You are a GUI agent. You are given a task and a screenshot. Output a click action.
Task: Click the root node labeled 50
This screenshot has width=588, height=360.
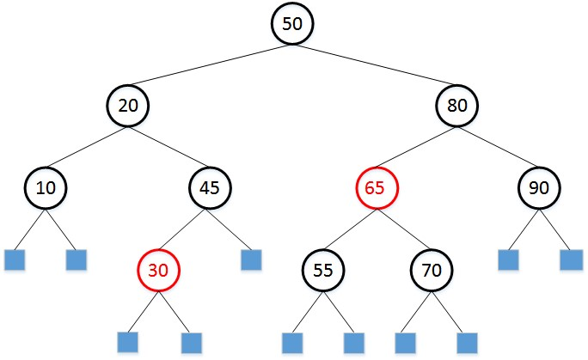coord(292,23)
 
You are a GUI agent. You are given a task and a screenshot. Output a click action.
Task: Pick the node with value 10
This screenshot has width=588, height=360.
coord(46,187)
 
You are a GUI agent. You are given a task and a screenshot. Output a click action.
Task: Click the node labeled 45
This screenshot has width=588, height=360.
coord(211,187)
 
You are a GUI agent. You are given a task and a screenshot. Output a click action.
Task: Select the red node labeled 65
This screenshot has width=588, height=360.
coord(375,187)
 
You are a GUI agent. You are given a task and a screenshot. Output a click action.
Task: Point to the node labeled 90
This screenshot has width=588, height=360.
coord(539,187)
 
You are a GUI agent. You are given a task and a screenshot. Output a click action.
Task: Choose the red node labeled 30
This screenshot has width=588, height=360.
coord(158,269)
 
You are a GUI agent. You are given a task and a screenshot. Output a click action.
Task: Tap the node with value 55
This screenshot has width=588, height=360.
coord(322,269)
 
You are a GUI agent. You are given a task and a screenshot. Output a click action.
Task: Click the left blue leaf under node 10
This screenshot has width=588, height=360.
coord(15,259)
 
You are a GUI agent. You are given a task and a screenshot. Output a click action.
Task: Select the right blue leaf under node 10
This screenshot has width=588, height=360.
coord(77,259)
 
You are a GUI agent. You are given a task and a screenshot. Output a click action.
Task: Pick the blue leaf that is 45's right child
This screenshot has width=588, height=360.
coord(251,259)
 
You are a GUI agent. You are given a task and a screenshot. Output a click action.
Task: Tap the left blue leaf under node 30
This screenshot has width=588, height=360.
coord(128,342)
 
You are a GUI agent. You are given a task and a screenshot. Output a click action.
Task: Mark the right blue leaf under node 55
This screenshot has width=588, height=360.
coord(354,342)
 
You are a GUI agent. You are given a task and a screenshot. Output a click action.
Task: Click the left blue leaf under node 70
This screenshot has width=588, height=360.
coord(406,342)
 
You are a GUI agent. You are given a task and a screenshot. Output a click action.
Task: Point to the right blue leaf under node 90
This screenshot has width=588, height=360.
coord(571,259)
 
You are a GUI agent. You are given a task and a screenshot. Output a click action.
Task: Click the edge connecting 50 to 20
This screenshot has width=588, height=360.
coord(211,64)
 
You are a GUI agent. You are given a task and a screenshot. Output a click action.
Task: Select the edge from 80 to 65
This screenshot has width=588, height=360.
coord(416,146)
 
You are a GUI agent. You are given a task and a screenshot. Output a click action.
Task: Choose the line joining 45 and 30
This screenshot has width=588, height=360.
coord(185,229)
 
